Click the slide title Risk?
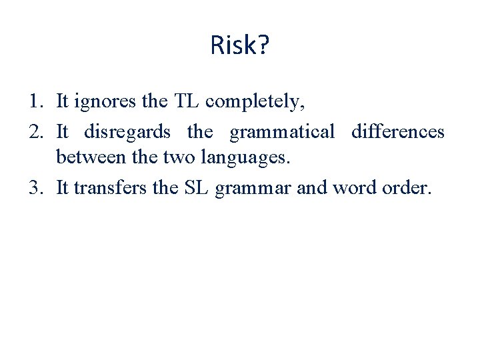[239, 45]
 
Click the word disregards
[127, 132]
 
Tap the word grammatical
[282, 133]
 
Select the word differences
[397, 132]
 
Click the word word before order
[354, 189]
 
